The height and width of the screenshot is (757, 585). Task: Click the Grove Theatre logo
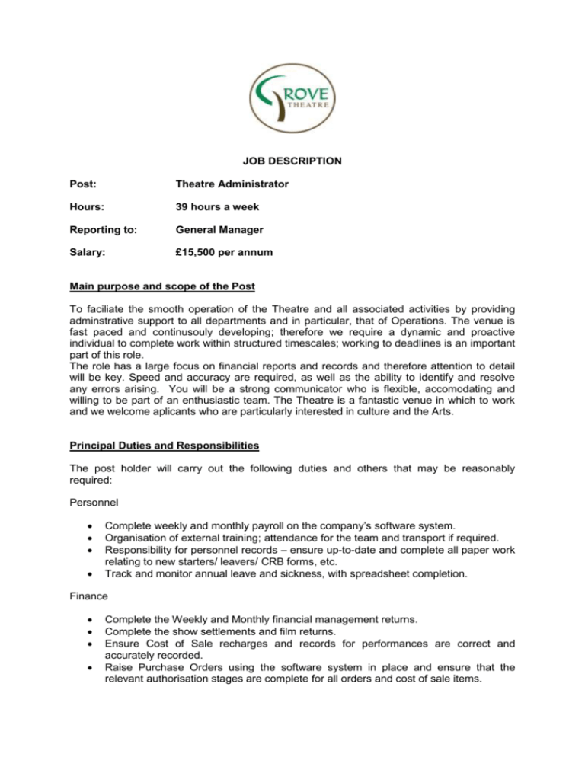(292, 95)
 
